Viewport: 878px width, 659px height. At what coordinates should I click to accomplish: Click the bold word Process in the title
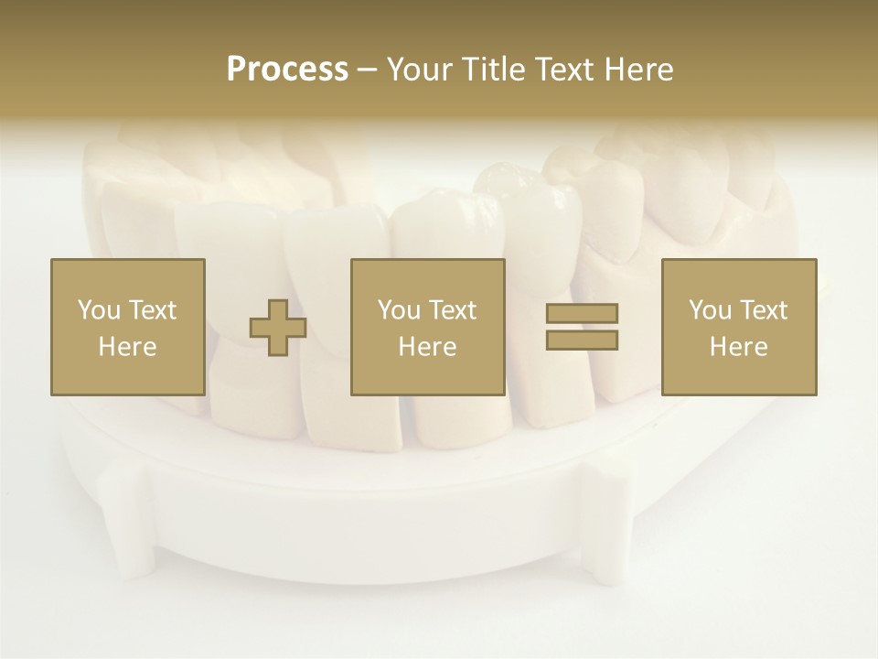287,70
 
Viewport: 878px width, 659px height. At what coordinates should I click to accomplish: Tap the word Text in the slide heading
565,70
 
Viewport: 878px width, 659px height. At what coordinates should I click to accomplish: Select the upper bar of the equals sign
582,314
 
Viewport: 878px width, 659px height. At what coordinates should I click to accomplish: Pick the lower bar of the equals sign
582,340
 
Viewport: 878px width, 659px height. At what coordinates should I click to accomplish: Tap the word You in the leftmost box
98,310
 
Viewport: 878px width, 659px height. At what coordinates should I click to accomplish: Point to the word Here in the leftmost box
127,347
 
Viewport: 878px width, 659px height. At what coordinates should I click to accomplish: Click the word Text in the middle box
453,310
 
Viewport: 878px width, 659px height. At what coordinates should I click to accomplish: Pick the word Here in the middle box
427,347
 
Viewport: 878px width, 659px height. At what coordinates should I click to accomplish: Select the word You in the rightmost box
709,310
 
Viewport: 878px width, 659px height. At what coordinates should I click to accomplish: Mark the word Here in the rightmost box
738,347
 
